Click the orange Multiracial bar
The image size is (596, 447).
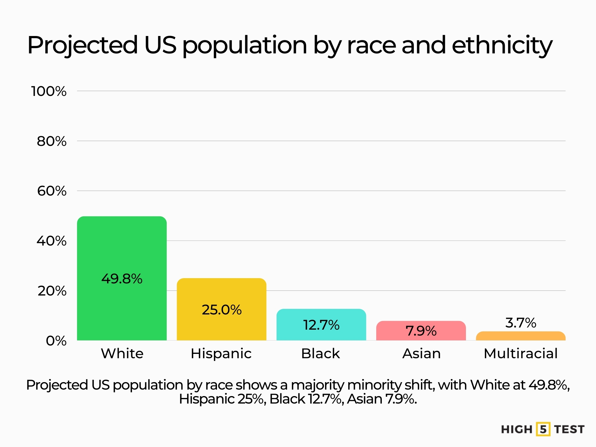tap(521, 336)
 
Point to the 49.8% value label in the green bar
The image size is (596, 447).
tap(122, 279)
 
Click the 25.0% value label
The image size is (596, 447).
tap(221, 310)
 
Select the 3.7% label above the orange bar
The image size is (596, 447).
tap(521, 323)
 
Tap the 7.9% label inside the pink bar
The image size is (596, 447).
tap(421, 331)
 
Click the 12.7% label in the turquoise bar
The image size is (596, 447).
tap(321, 325)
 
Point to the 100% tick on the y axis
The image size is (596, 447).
tap(49, 91)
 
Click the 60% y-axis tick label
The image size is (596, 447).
tap(52, 191)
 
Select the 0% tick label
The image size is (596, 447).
tap(56, 341)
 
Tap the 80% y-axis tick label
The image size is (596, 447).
tap(52, 141)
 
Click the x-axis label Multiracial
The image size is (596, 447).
tap(521, 354)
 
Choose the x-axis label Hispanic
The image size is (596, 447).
tap(221, 354)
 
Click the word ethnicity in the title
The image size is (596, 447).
tap(502, 45)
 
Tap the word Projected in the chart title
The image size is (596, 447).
tap(83, 45)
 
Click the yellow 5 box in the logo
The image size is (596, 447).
tap(543, 429)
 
